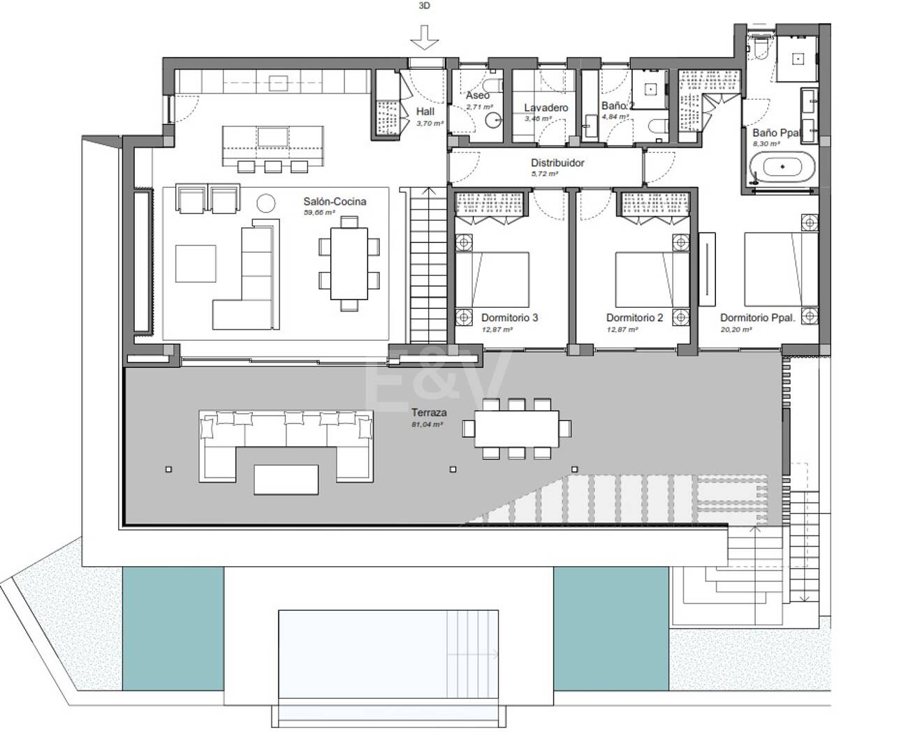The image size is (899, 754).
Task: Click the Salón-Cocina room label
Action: (x=335, y=202)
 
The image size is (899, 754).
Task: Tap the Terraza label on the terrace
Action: (x=429, y=413)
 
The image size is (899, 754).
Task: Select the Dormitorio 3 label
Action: (x=509, y=318)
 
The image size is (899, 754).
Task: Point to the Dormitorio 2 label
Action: (x=634, y=318)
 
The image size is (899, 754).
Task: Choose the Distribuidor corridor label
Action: (x=557, y=163)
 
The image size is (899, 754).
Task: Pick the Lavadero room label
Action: (x=546, y=108)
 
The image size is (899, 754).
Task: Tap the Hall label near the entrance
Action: (x=425, y=112)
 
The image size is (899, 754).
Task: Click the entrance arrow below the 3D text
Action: (x=424, y=36)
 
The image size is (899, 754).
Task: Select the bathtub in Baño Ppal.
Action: (x=782, y=168)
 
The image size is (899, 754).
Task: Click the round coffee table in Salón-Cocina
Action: (x=266, y=203)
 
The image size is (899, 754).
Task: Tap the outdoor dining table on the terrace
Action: (x=517, y=429)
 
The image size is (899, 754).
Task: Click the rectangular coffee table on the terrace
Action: (x=286, y=479)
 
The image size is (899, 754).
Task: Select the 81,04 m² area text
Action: (x=427, y=424)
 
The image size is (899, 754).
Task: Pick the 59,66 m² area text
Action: (x=319, y=212)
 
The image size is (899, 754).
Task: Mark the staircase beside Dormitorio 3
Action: (x=425, y=265)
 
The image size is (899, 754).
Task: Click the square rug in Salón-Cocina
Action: (x=196, y=263)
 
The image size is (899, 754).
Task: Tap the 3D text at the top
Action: (x=424, y=6)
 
